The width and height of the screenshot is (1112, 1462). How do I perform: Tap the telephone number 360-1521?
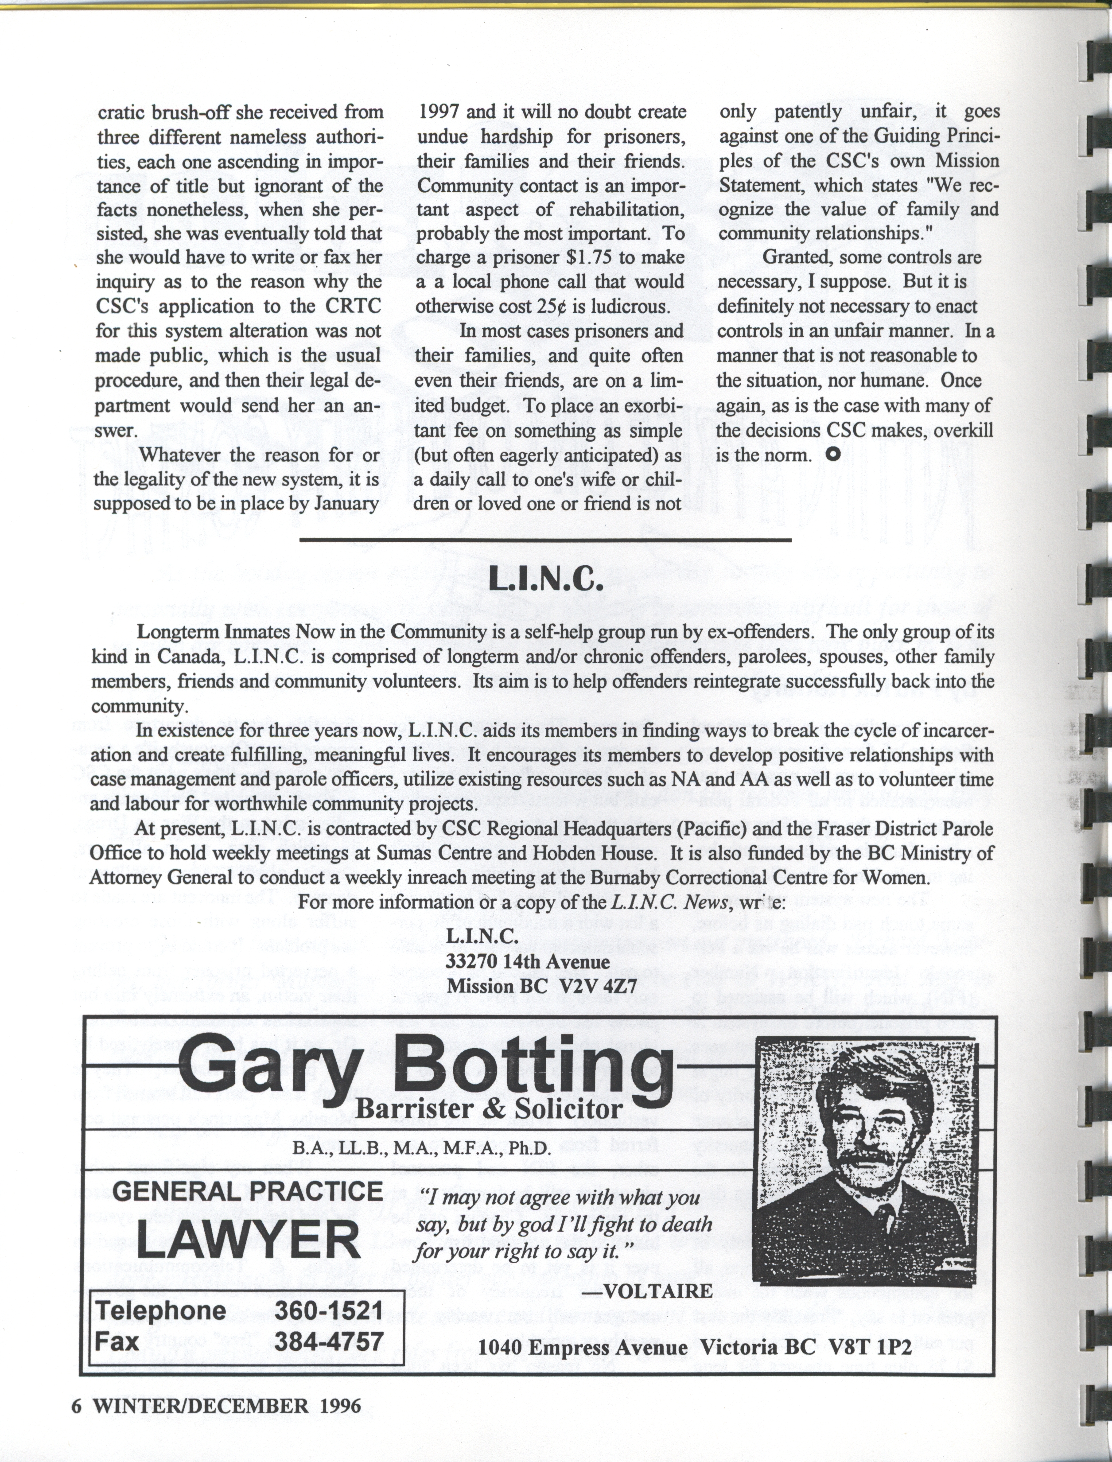click(328, 1309)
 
